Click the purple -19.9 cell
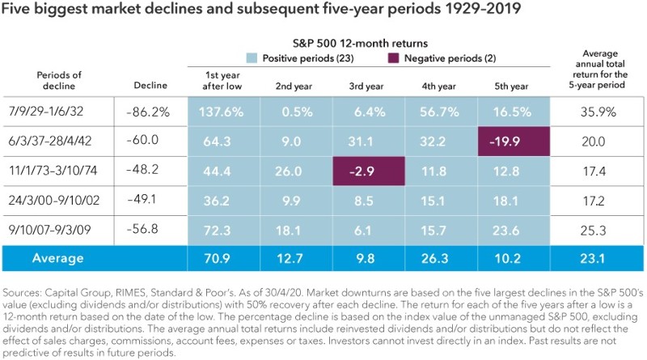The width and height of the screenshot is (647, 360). (514, 142)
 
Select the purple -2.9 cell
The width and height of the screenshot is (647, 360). (368, 172)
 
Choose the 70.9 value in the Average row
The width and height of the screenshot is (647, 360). (222, 260)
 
